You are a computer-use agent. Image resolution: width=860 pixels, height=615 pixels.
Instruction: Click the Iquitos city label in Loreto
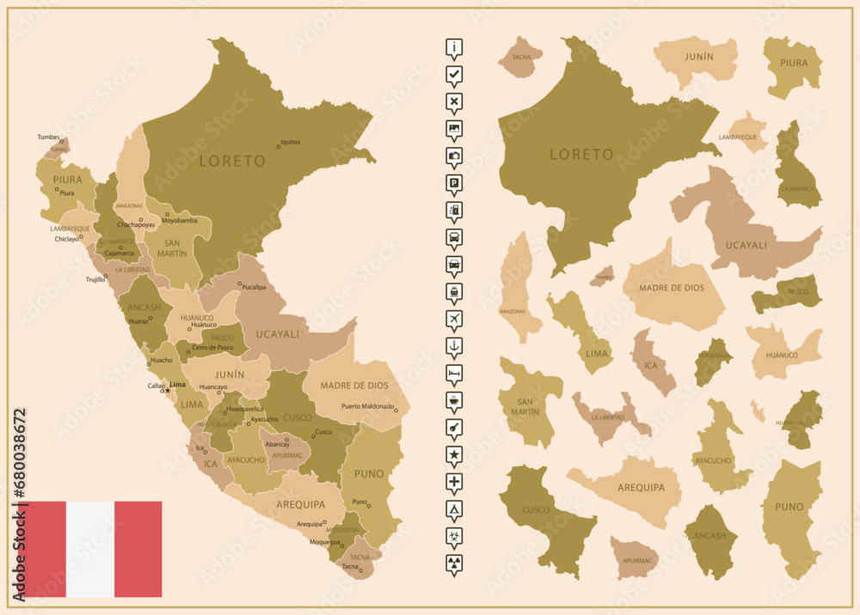[291, 143]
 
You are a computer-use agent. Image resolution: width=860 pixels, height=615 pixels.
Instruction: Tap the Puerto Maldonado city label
[367, 406]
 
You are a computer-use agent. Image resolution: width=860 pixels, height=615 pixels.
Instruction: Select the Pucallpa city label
[254, 287]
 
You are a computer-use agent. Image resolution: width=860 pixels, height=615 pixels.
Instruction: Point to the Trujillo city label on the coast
[95, 279]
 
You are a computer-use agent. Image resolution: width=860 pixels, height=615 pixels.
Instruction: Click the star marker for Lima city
[168, 390]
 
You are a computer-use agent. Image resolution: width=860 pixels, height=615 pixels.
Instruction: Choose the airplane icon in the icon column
[454, 319]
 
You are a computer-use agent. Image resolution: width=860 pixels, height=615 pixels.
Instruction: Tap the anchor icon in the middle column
[454, 346]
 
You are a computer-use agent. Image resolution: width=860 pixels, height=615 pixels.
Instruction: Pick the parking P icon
[454, 182]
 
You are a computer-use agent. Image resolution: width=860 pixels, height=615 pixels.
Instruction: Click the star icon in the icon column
[454, 453]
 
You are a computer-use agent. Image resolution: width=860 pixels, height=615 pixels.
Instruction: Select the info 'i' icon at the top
[454, 46]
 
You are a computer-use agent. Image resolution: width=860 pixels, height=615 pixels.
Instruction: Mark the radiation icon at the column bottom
[454, 562]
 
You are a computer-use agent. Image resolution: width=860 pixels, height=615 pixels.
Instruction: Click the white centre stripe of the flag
[90, 549]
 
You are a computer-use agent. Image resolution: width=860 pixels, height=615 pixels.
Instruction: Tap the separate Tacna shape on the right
[521, 58]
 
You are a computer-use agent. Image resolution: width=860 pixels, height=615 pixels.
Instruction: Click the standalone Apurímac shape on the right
[635, 558]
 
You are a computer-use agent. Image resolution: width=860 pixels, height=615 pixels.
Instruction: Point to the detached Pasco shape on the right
[789, 294]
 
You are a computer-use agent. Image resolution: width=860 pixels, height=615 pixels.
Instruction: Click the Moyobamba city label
[181, 221]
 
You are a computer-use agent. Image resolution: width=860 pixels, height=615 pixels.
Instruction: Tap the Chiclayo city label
[66, 240]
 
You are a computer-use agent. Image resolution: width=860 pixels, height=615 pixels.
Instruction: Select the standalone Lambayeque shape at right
[746, 133]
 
